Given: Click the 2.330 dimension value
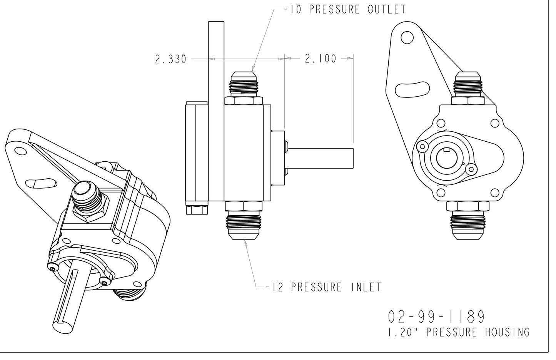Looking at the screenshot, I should click(x=170, y=59).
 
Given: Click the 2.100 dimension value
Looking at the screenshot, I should click(x=321, y=59).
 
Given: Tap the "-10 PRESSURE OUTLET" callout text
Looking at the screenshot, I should click(x=344, y=9).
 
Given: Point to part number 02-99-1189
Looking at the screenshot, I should click(x=436, y=317).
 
